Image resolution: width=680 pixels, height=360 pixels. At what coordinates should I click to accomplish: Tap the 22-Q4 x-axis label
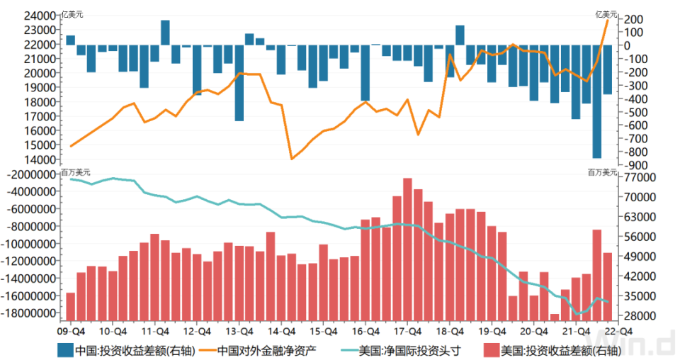[x=613, y=330]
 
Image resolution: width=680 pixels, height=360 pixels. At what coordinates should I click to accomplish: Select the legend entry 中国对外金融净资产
[x=266, y=350]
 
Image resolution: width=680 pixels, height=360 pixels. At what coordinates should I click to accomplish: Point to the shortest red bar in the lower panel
[x=554, y=317]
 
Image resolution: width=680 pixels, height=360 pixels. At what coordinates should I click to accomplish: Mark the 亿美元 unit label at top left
[x=72, y=13]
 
